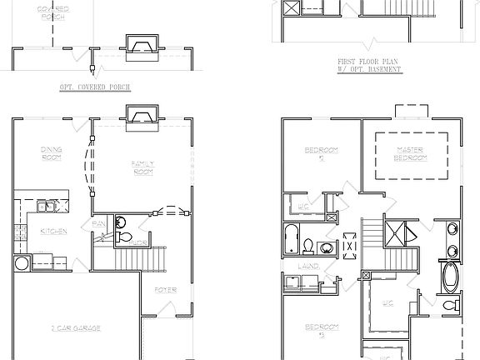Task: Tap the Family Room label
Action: [144, 167]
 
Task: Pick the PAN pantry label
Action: [97, 223]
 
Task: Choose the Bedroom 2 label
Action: [321, 153]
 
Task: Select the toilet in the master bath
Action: [451, 307]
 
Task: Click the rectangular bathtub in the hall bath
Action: [290, 239]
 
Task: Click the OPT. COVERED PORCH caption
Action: [95, 87]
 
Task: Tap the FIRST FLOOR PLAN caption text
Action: [370, 62]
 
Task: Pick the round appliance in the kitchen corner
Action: [22, 263]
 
